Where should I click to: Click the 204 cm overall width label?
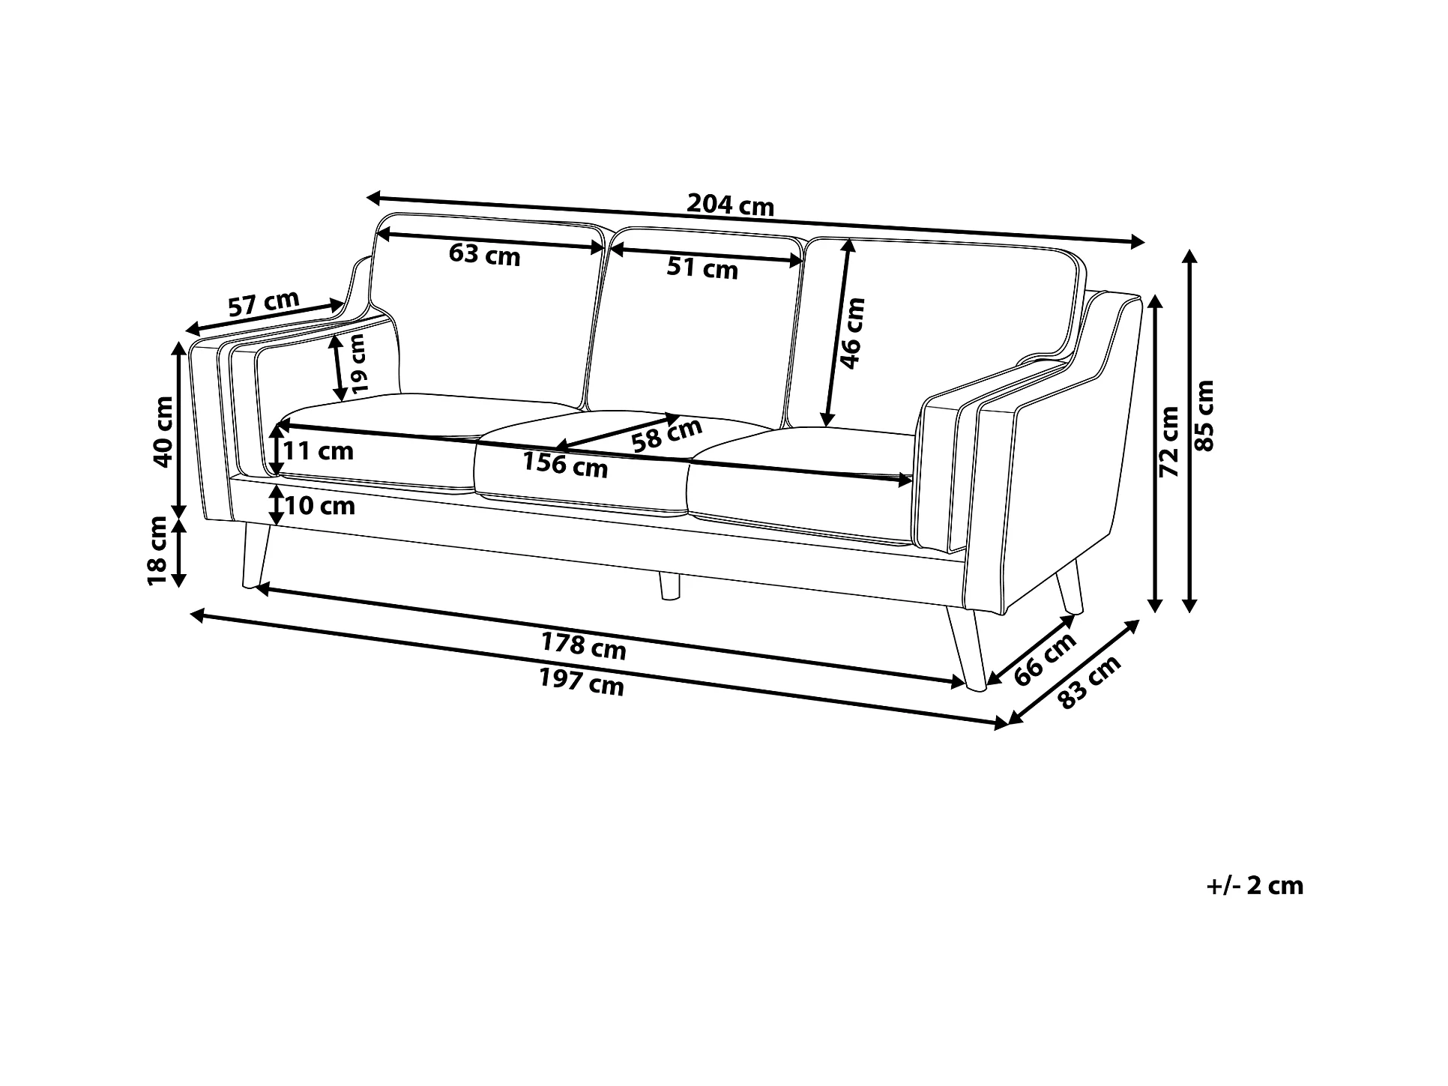pyautogui.click(x=730, y=205)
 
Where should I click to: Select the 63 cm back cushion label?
pyautogui.click(x=484, y=255)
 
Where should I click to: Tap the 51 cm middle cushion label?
pyautogui.click(x=702, y=268)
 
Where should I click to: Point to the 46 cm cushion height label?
pyautogui.click(x=852, y=333)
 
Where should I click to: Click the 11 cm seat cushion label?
pyautogui.click(x=319, y=451)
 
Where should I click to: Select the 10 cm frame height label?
pyautogui.click(x=320, y=506)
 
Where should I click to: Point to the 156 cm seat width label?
pyautogui.click(x=565, y=465)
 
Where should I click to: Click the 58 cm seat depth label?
pyautogui.click(x=666, y=435)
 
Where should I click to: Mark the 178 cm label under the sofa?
pyautogui.click(x=583, y=646)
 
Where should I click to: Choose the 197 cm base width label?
pyautogui.click(x=582, y=682)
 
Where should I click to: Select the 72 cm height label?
pyautogui.click(x=1170, y=441)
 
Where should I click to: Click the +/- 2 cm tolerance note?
pyautogui.click(x=1255, y=886)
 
